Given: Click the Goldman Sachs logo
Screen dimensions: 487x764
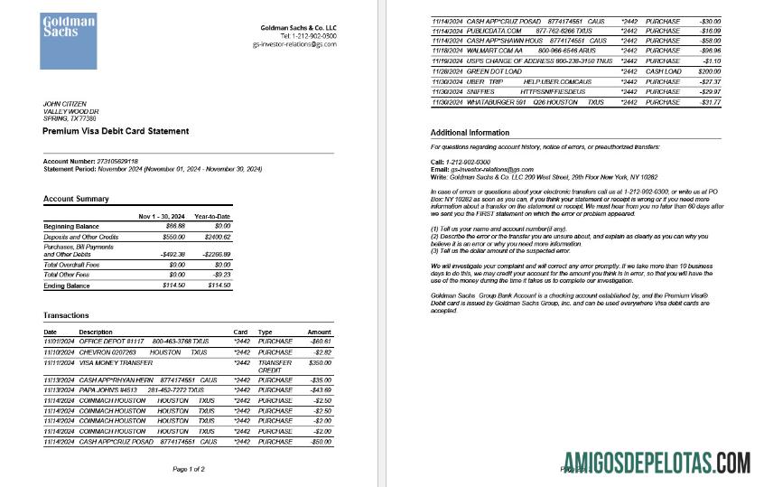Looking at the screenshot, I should pos(68,42).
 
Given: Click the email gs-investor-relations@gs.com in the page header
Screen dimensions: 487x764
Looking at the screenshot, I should pos(294,43).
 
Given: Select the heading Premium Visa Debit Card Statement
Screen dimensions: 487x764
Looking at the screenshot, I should pos(116,131).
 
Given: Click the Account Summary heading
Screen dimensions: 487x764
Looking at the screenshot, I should pos(76,199).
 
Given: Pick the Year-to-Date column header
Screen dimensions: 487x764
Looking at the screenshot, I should pos(213,217).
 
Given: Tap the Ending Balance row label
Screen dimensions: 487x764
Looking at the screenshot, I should pos(68,286).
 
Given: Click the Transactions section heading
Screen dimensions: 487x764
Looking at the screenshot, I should pos(66,315).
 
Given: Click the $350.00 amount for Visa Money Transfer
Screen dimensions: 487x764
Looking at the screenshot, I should pos(319,362).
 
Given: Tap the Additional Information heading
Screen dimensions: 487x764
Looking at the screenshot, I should pos(475,133).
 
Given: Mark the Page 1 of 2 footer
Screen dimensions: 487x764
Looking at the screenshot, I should pos(189,469).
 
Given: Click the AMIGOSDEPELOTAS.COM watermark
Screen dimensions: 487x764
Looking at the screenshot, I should pos(656,464).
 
